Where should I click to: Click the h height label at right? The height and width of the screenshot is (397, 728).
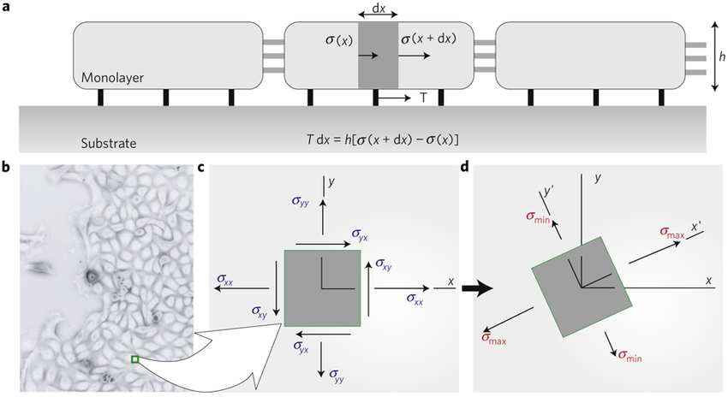722,57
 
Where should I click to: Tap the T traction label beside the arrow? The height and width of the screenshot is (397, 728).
423,98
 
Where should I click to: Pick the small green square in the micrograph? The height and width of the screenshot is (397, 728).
134,359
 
